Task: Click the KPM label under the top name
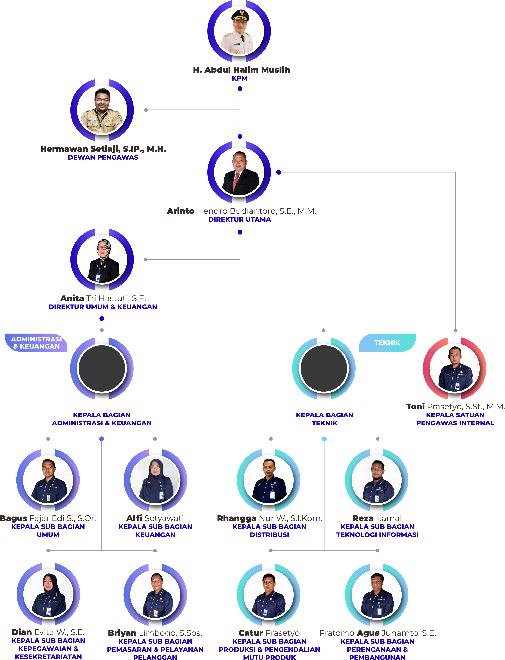coord(240,78)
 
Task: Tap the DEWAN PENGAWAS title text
coord(103,157)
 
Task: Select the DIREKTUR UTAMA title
coord(240,220)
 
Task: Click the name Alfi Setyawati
coord(155,518)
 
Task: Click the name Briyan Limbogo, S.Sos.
coord(155,633)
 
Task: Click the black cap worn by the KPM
coord(240,15)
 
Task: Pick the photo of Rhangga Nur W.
coord(269,480)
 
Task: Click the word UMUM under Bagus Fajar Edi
coord(48,535)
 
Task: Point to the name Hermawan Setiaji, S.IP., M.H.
coord(103,149)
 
